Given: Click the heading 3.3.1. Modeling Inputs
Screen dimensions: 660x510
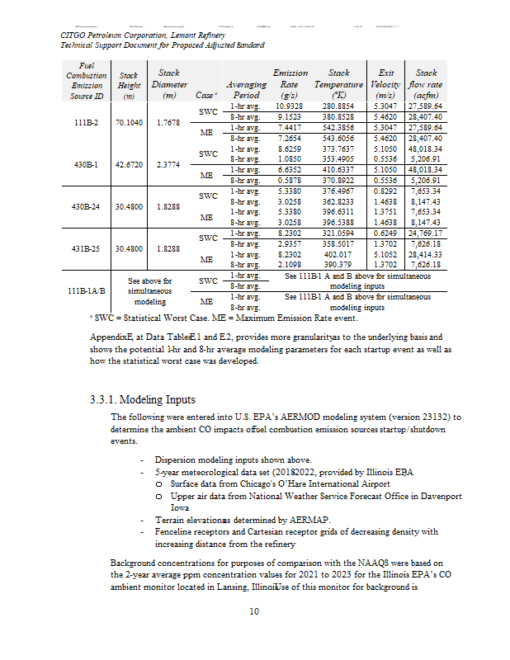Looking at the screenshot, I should click(144, 399).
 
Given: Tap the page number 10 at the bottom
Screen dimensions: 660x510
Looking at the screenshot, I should click(255, 611).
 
